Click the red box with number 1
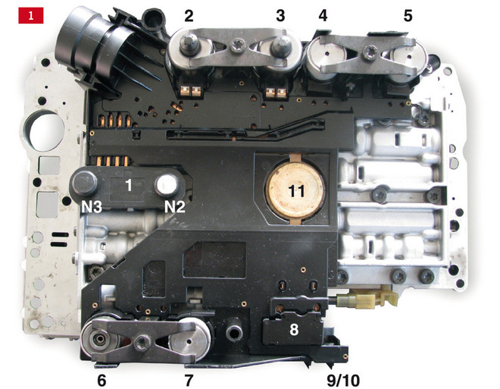click(x=30, y=15)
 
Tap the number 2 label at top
click(x=189, y=16)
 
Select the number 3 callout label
click(x=280, y=16)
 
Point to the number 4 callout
click(x=323, y=16)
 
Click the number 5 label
click(x=408, y=16)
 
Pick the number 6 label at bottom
click(x=102, y=381)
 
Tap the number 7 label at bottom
click(x=189, y=381)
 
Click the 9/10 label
click(x=343, y=381)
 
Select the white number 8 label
click(x=294, y=330)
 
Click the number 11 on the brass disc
click(x=296, y=191)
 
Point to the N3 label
click(x=92, y=208)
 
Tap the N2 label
click(x=175, y=208)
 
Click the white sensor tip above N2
click(x=167, y=185)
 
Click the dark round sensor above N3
click(x=85, y=184)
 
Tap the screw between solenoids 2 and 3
click(x=238, y=44)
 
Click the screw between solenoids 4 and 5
click(x=371, y=51)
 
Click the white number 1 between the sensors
click(x=129, y=185)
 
